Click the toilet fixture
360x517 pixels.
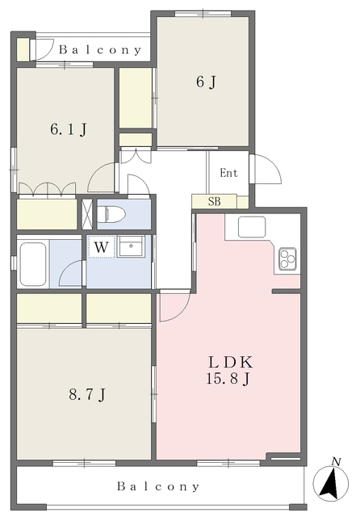pyautogui.click(x=111, y=214)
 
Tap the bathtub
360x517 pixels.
pyautogui.click(x=32, y=264)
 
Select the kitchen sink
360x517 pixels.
pyautogui.click(x=252, y=227)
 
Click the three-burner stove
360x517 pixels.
pyautogui.click(x=287, y=258)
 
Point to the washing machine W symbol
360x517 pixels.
pyautogui.click(x=101, y=246)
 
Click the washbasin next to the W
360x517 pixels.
pyautogui.click(x=131, y=246)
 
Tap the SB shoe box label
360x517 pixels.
pyautogui.click(x=214, y=201)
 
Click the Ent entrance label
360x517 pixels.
pyautogui.click(x=228, y=173)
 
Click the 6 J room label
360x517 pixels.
pyautogui.click(x=206, y=82)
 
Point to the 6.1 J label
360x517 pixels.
pyautogui.click(x=69, y=129)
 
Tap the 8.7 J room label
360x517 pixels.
pyautogui.click(x=87, y=394)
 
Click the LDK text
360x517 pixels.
pyautogui.click(x=230, y=363)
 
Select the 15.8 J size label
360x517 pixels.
pyautogui.click(x=228, y=378)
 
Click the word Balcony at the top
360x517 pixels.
pyautogui.click(x=100, y=50)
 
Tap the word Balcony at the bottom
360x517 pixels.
pyautogui.click(x=158, y=486)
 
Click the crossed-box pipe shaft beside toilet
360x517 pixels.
pyautogui.click(x=87, y=214)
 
